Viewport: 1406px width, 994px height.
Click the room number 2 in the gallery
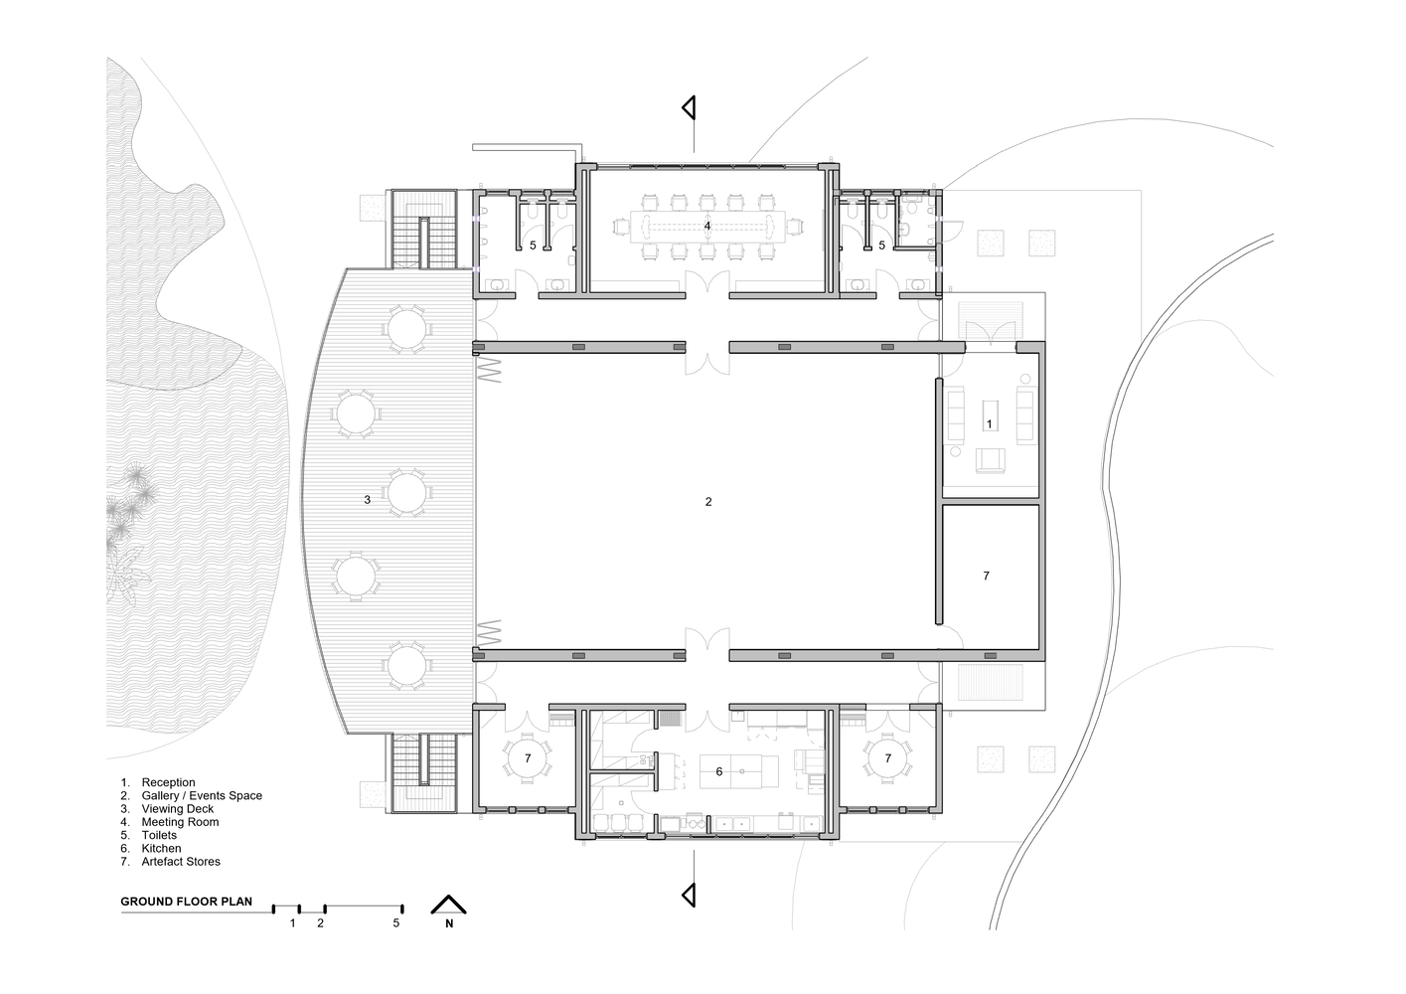coord(708,502)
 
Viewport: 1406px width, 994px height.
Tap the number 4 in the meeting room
coord(706,226)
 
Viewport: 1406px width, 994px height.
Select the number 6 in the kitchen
coord(719,771)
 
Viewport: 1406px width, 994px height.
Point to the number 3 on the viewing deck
coord(368,500)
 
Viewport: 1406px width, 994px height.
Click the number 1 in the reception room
coord(990,424)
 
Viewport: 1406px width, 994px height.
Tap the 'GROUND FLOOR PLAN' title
coord(187,902)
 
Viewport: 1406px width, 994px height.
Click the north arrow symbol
coord(449,905)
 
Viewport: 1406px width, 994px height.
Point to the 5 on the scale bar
coord(396,923)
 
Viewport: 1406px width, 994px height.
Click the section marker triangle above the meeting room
coord(690,108)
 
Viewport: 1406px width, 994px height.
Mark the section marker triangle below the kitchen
coord(690,895)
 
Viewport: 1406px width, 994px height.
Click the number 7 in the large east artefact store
coord(986,576)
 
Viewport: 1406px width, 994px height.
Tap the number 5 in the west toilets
coord(533,246)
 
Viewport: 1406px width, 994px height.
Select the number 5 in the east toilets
coord(882,246)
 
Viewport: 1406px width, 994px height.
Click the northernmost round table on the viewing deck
coord(406,329)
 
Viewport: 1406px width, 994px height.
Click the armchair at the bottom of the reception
coord(990,459)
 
